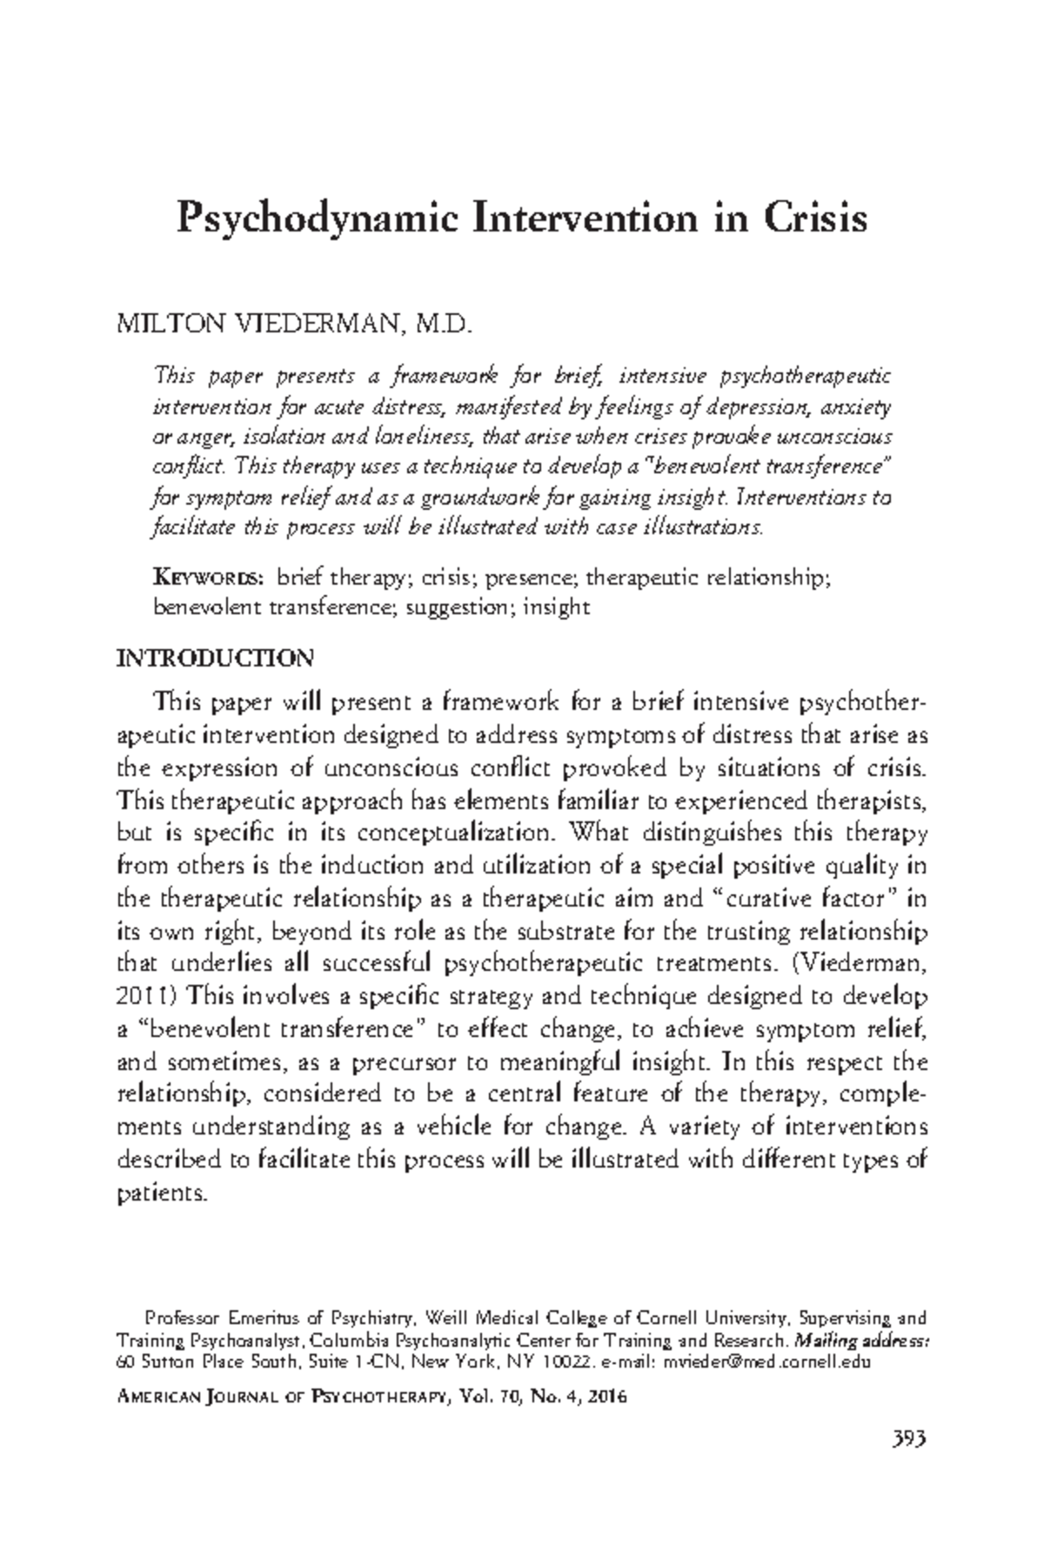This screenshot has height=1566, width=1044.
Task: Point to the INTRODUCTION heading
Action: point(215,658)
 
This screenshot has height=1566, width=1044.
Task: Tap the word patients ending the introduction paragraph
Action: point(162,1194)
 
